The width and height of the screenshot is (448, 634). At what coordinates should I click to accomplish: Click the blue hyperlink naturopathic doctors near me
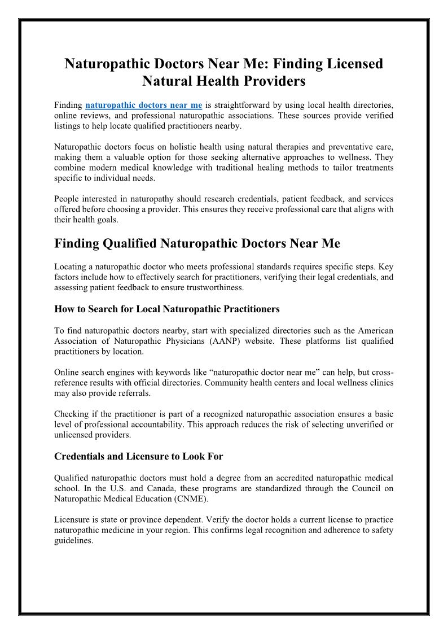[x=143, y=105]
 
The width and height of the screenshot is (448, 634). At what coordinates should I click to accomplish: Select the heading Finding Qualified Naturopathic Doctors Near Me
[x=197, y=244]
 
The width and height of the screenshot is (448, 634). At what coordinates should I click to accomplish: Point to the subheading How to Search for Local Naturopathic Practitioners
[x=167, y=309]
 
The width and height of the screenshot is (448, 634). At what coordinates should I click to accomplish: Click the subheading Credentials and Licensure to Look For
[x=138, y=456]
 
